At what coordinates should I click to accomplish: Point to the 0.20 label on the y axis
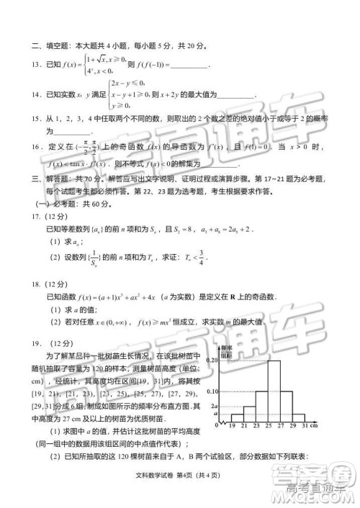click(x=213, y=359)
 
